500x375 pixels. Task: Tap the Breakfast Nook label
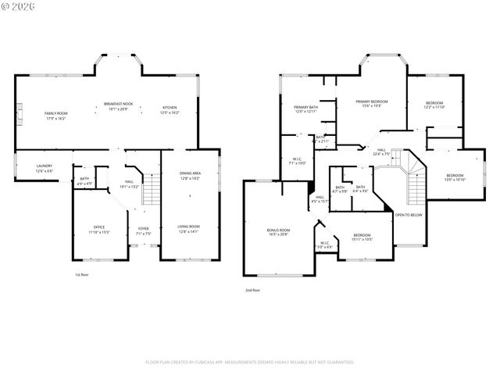pyautogui.click(x=118, y=104)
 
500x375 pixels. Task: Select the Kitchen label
pyautogui.click(x=170, y=108)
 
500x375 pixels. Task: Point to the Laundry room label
pyautogui.click(x=44, y=166)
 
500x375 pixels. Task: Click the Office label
pyautogui.click(x=98, y=227)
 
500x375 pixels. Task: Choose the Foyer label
pyautogui.click(x=143, y=230)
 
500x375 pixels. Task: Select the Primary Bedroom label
pyautogui.click(x=372, y=102)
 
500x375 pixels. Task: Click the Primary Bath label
pyautogui.click(x=305, y=107)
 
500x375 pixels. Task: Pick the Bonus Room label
pyautogui.click(x=278, y=230)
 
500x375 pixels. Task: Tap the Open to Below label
pyautogui.click(x=409, y=214)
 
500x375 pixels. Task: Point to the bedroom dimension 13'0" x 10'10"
pyautogui.click(x=455, y=180)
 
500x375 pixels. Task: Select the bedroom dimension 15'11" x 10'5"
pyautogui.click(x=361, y=239)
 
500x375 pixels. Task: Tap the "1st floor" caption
pyautogui.click(x=82, y=274)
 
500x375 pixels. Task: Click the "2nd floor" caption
pyautogui.click(x=252, y=290)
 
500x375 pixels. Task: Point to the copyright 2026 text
pyautogui.click(x=19, y=7)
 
